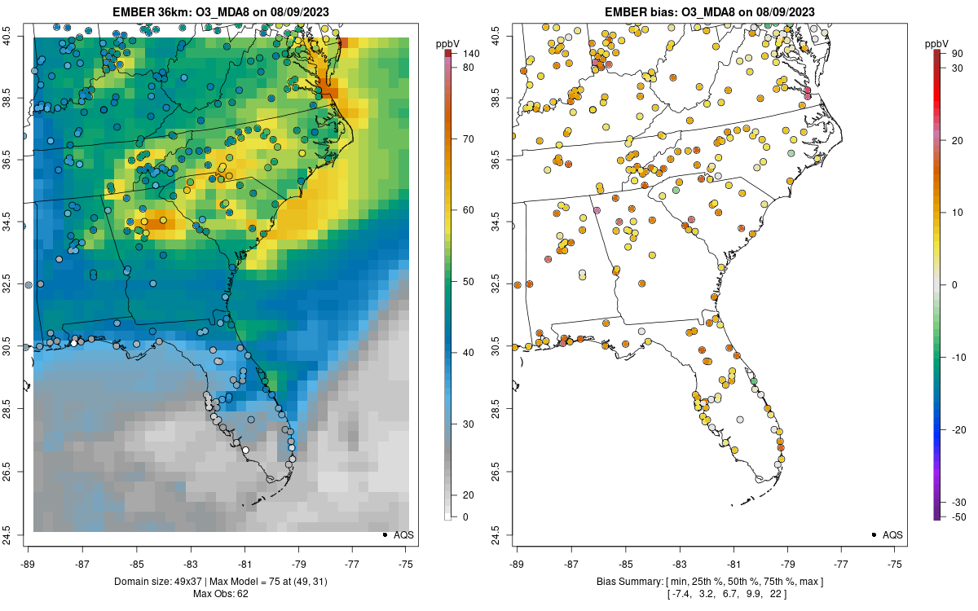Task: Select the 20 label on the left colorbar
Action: tap(469, 495)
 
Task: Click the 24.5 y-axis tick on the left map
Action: tap(18, 534)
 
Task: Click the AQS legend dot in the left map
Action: tap(384, 534)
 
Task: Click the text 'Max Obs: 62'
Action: tap(221, 594)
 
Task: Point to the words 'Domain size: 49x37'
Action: tap(157, 582)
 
